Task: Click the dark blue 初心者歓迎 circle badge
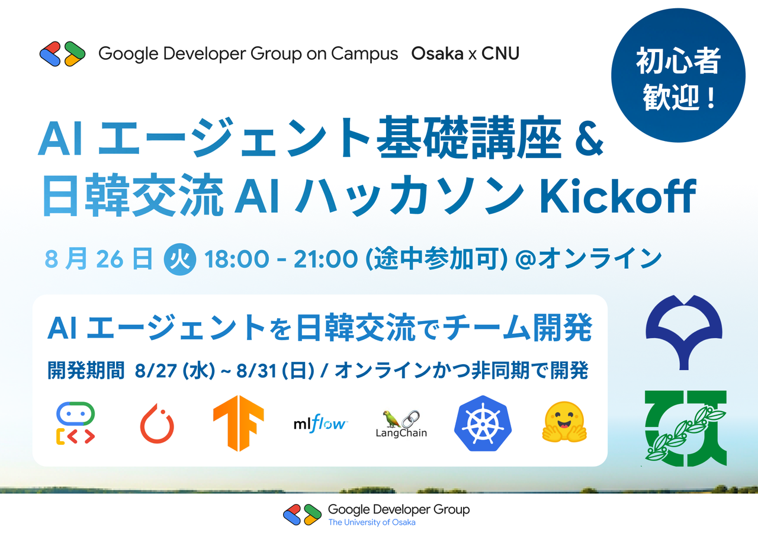(677, 78)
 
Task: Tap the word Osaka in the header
(437, 53)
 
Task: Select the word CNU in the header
(500, 53)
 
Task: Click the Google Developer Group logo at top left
(59, 53)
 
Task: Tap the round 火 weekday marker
(179, 260)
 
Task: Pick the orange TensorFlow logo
(238, 422)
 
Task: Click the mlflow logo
(320, 423)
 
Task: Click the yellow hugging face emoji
(564, 422)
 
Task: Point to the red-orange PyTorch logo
(157, 423)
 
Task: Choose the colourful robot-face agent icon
(76, 423)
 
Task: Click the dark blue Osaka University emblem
(683, 332)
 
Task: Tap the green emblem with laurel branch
(686, 428)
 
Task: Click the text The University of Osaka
(371, 522)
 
